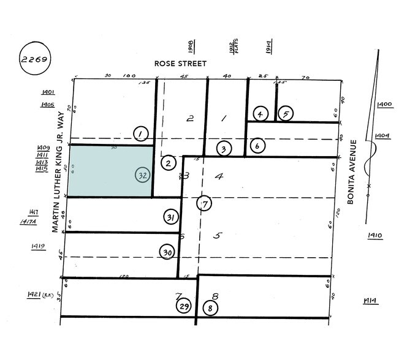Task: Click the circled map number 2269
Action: [x=34, y=61]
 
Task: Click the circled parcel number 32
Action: [x=142, y=174]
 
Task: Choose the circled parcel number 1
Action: [x=141, y=133]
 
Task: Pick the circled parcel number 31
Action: [x=171, y=217]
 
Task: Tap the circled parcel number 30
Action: [x=166, y=252]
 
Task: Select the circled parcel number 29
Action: [x=183, y=307]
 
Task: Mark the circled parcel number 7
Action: [x=204, y=204]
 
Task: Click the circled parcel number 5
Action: [x=284, y=114]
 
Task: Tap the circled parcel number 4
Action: [x=260, y=114]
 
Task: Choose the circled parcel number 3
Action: [x=224, y=149]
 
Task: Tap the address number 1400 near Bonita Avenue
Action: [x=385, y=105]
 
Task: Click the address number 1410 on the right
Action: [x=375, y=235]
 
